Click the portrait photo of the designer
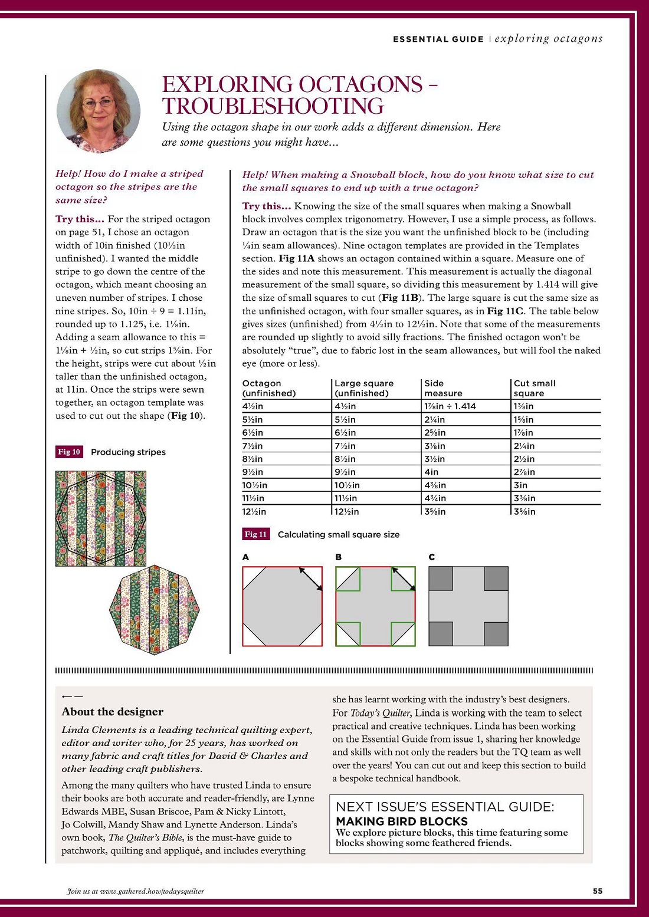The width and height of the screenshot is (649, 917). pos(99,111)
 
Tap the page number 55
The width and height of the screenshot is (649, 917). pos(598,891)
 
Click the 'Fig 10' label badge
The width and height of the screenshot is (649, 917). pos(69,452)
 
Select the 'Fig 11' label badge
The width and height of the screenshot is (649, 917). pos(256,534)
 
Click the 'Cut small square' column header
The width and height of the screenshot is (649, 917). pos(535,388)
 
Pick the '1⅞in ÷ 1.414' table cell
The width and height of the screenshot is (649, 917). pos(450,406)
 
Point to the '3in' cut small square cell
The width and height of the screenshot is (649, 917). pos(520,485)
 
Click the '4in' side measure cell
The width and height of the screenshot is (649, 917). pos(431,472)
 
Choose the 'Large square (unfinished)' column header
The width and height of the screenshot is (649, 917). pos(363,388)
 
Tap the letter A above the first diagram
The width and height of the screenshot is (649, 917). pos(245,557)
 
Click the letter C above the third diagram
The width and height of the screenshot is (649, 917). pos(432,557)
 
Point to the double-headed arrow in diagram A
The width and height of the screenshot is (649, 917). pos(310,579)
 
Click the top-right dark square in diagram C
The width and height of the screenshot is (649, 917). pos(496,579)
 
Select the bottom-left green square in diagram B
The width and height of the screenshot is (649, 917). pos(348,634)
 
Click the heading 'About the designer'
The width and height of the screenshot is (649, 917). pos(112,712)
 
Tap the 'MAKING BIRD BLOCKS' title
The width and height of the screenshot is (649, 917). pos(401,821)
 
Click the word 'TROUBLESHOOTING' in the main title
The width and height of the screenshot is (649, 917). pos(273,106)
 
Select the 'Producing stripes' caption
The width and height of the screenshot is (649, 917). pos(128,452)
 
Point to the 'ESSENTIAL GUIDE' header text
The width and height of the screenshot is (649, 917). pos(438,39)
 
